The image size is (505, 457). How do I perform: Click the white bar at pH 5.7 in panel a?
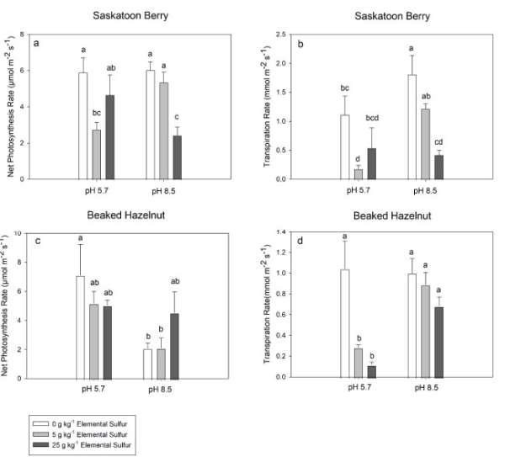coord(83,126)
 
